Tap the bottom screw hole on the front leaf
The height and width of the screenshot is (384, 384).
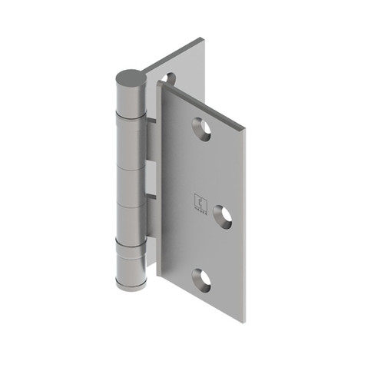point(201,281)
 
